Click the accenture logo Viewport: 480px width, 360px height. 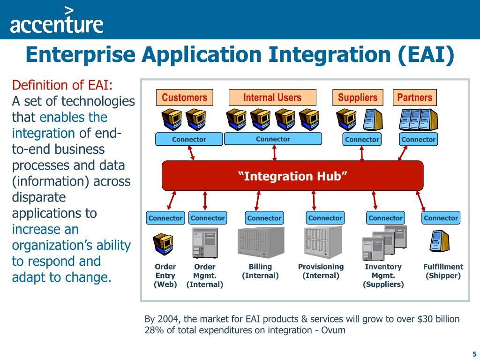pyautogui.click(x=56, y=21)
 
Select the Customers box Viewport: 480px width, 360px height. pyautogui.click(x=184, y=97)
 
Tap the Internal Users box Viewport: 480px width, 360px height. pyautogui.click(x=272, y=97)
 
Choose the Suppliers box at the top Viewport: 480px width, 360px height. pyautogui.click(x=358, y=97)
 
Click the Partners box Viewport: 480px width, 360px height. pyautogui.click(x=414, y=97)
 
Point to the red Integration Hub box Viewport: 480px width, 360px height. pyautogui.click(x=292, y=176)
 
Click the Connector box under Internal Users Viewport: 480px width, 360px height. pyautogui.click(x=273, y=139)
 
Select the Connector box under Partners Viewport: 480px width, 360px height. pyautogui.click(x=419, y=139)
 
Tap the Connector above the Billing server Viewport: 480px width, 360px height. pyautogui.click(x=264, y=218)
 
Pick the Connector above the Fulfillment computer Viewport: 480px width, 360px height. pyautogui.click(x=441, y=218)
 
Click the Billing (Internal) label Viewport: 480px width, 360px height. pyautogui.click(x=260, y=271)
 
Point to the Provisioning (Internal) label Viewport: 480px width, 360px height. pyautogui.click(x=321, y=271)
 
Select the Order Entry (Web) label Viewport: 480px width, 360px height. pyautogui.click(x=165, y=276)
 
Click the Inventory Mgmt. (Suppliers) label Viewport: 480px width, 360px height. pyautogui.click(x=383, y=276)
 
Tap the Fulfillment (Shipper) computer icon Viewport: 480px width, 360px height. pyautogui.click(x=440, y=242)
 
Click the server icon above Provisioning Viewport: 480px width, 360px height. pyautogui.click(x=323, y=241)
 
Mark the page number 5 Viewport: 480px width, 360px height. pyautogui.click(x=474, y=354)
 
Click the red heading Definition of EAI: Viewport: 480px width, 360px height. pyautogui.click(x=62, y=85)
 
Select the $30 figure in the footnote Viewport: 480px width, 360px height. pyautogui.click(x=426, y=319)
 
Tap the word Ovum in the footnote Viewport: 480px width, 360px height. pyautogui.click(x=333, y=330)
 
